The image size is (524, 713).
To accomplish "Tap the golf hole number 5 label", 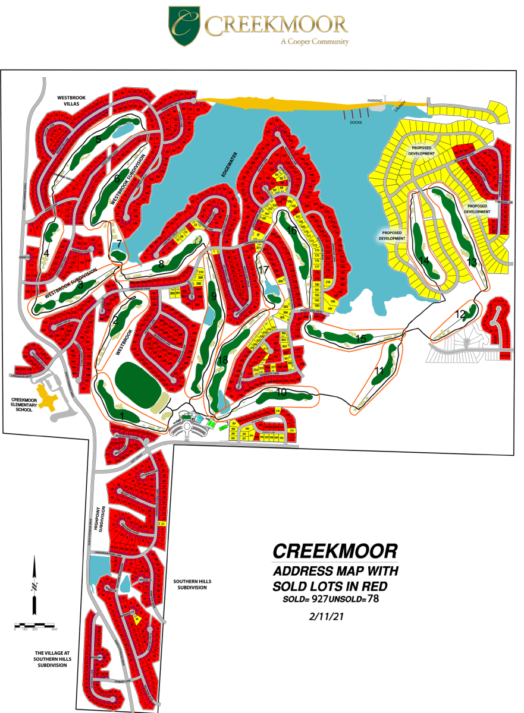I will point(99,140).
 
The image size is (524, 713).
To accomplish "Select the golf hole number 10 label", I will point(281,392).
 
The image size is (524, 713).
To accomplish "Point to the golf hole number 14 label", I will point(424,260).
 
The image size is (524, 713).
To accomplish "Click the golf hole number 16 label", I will point(291,230).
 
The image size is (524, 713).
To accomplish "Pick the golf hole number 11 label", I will point(379,371).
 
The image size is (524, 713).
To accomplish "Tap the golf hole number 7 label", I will point(119,244).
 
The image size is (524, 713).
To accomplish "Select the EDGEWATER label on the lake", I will point(230,167).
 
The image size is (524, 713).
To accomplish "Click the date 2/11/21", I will point(328,616).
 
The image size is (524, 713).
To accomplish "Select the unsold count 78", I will point(373,599).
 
